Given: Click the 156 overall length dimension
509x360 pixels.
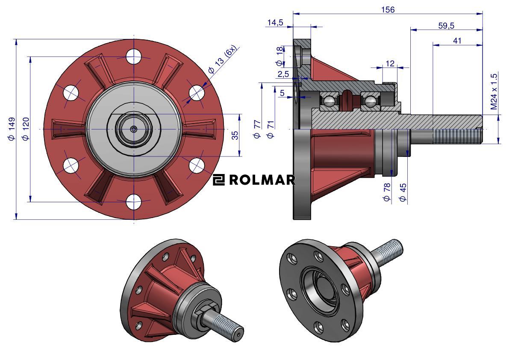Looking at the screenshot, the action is click(x=388, y=10).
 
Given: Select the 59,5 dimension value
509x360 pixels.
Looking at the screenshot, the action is click(x=446, y=26).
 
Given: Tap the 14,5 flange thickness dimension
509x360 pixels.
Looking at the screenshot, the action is click(x=275, y=22).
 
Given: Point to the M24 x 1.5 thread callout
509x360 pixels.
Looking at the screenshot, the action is click(x=494, y=91).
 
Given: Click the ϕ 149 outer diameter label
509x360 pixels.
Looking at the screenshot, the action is click(x=12, y=129).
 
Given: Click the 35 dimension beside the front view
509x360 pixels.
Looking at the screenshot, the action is click(x=235, y=135).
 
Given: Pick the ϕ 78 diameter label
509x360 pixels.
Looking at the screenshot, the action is click(x=387, y=192).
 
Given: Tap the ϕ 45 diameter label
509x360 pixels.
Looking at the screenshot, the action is click(x=403, y=192).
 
